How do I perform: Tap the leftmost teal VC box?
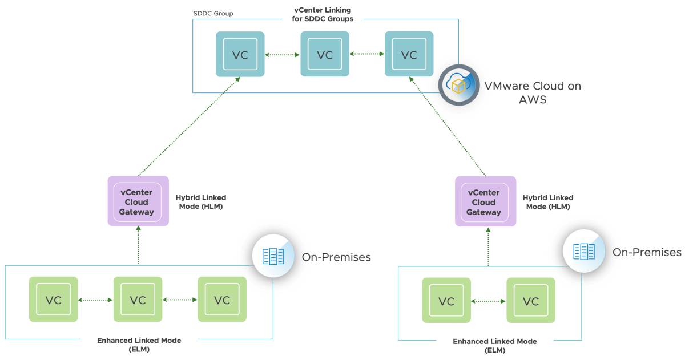(x=240, y=55)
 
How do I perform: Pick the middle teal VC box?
(x=325, y=55)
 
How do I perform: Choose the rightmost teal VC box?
(x=409, y=55)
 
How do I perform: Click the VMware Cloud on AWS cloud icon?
(x=459, y=85)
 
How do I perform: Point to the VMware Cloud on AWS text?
(x=532, y=92)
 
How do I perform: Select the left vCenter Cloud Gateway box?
(x=138, y=201)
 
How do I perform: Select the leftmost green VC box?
(x=54, y=300)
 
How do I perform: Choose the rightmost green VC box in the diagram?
(x=531, y=301)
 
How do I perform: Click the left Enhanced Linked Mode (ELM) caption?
(x=139, y=345)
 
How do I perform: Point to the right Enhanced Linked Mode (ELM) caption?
(x=494, y=346)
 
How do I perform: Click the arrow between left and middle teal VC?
(x=283, y=55)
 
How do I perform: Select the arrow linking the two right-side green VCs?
(x=489, y=301)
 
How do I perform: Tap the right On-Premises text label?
(x=647, y=252)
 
